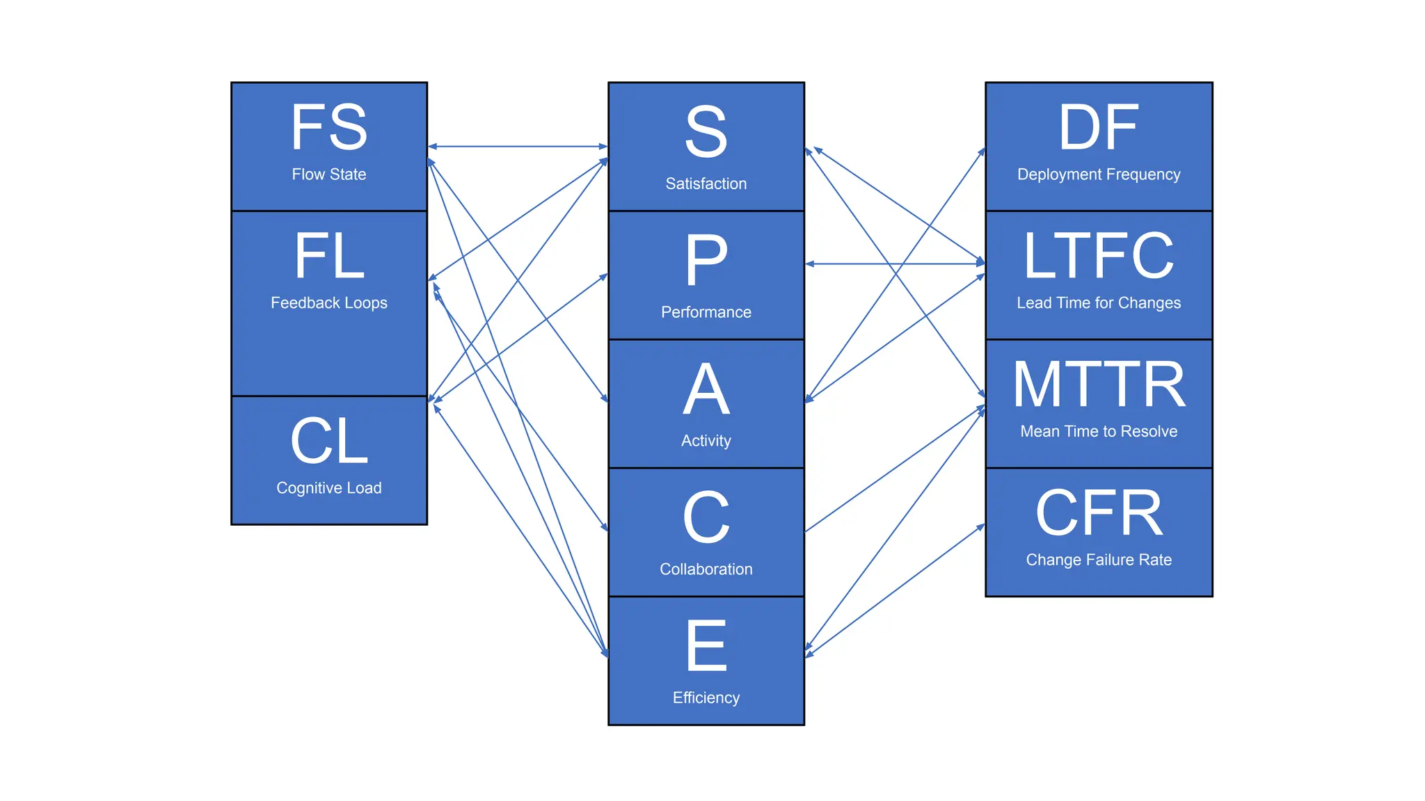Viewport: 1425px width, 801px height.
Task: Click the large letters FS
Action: (329, 127)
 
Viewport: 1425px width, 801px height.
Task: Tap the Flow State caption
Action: (329, 175)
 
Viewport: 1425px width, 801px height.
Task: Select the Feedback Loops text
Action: (329, 303)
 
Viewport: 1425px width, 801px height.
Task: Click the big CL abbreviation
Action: (329, 442)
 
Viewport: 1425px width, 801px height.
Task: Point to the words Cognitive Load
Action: (329, 488)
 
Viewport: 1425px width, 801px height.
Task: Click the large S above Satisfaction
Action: (706, 132)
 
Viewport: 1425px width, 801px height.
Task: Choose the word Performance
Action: (706, 312)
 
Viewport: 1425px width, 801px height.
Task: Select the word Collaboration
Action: (706, 569)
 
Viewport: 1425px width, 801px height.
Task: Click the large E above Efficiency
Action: (706, 647)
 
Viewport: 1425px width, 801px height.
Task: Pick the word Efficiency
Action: (706, 698)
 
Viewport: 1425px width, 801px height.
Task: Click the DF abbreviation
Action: (1099, 127)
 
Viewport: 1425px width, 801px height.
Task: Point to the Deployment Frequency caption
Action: (1099, 175)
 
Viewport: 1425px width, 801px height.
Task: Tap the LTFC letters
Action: (1099, 256)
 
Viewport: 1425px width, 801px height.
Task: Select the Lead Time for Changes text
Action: (1099, 303)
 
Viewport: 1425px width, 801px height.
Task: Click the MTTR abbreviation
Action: (1099, 385)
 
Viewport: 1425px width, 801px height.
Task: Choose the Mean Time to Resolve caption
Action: (1099, 432)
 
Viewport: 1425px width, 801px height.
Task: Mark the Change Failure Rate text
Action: (1099, 560)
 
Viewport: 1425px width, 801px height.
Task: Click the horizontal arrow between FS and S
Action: (518, 147)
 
